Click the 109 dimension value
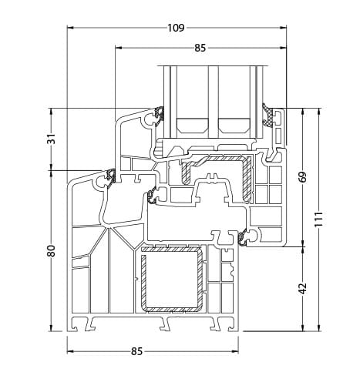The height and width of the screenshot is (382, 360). tap(175, 28)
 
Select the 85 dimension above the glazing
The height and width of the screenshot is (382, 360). tap(200, 48)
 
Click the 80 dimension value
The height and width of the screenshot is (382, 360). tap(52, 252)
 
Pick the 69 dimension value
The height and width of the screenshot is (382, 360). tap(302, 176)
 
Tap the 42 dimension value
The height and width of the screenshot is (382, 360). tap(302, 287)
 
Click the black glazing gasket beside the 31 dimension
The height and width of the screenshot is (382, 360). tap(160, 116)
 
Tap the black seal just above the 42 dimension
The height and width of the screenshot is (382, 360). tap(248, 240)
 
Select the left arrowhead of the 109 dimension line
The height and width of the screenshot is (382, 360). tap(69, 29)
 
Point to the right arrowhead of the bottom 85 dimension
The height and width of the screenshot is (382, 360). tap(240, 351)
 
